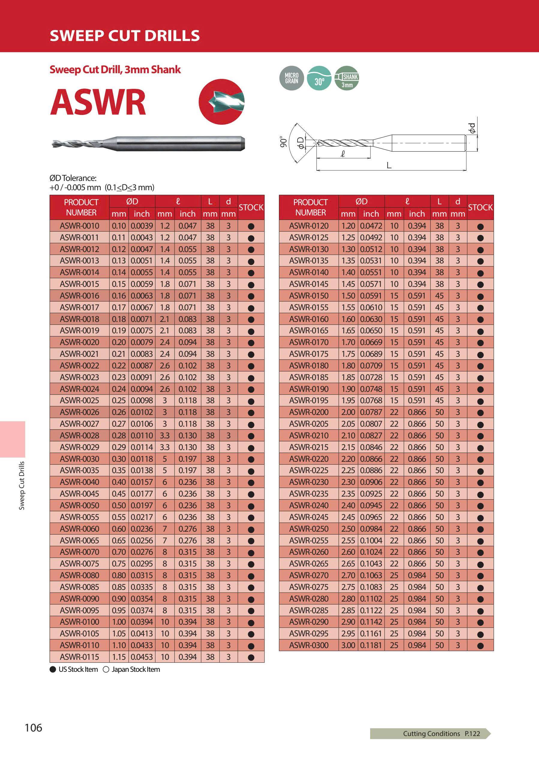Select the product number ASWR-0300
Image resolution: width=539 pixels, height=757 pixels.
pos(309,645)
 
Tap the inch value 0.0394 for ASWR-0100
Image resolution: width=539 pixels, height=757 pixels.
pos(142,622)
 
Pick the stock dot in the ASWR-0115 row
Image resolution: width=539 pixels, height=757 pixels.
pos(251,657)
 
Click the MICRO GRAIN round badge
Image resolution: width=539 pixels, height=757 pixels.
pos(292,78)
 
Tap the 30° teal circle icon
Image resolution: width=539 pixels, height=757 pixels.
pos(319,78)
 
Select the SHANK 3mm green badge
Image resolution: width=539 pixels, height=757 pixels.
pos(347,78)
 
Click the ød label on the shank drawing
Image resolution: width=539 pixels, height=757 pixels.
pos(472,128)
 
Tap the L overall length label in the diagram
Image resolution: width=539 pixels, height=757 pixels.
pos(389,165)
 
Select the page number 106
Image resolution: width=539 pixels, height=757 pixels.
pos(33,728)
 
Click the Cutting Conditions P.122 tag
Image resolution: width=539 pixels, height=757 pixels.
pos(441,733)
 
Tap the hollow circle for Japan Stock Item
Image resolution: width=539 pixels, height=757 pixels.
pos(106,669)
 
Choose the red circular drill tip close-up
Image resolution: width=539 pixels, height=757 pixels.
pos(221,102)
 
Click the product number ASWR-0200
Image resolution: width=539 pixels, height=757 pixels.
pos(309,412)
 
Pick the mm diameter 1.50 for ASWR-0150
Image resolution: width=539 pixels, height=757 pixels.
pos(348,296)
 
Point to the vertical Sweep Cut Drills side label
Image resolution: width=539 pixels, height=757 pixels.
pos(22,485)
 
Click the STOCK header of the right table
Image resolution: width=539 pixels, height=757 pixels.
pos(480,208)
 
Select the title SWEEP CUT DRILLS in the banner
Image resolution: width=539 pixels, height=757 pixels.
pos(125,35)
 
